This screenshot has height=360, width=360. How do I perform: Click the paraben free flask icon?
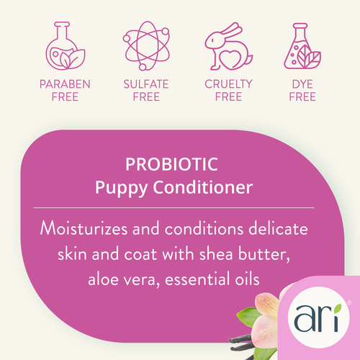(x=64, y=45)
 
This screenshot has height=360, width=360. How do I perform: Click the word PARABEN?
(x=65, y=84)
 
